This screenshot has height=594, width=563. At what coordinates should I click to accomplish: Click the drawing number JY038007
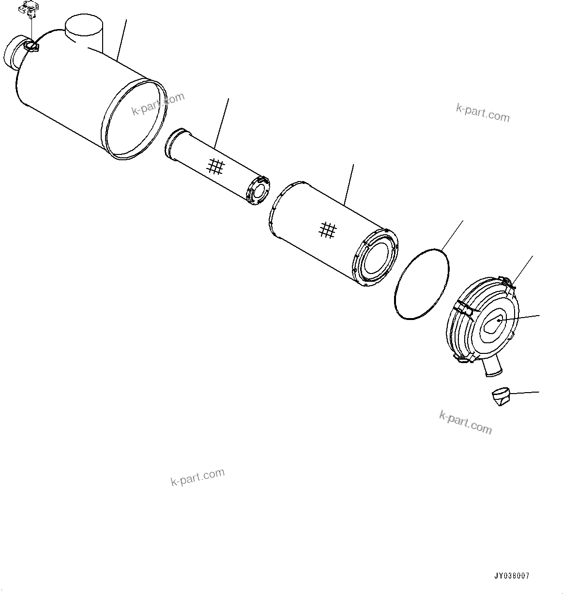point(512,576)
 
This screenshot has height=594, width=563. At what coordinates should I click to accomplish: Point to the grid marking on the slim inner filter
point(215,167)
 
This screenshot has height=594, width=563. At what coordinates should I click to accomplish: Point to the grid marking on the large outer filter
point(328,230)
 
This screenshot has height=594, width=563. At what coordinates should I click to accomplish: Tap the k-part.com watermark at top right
point(483,113)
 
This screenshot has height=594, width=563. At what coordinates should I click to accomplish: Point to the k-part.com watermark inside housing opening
point(158,104)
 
